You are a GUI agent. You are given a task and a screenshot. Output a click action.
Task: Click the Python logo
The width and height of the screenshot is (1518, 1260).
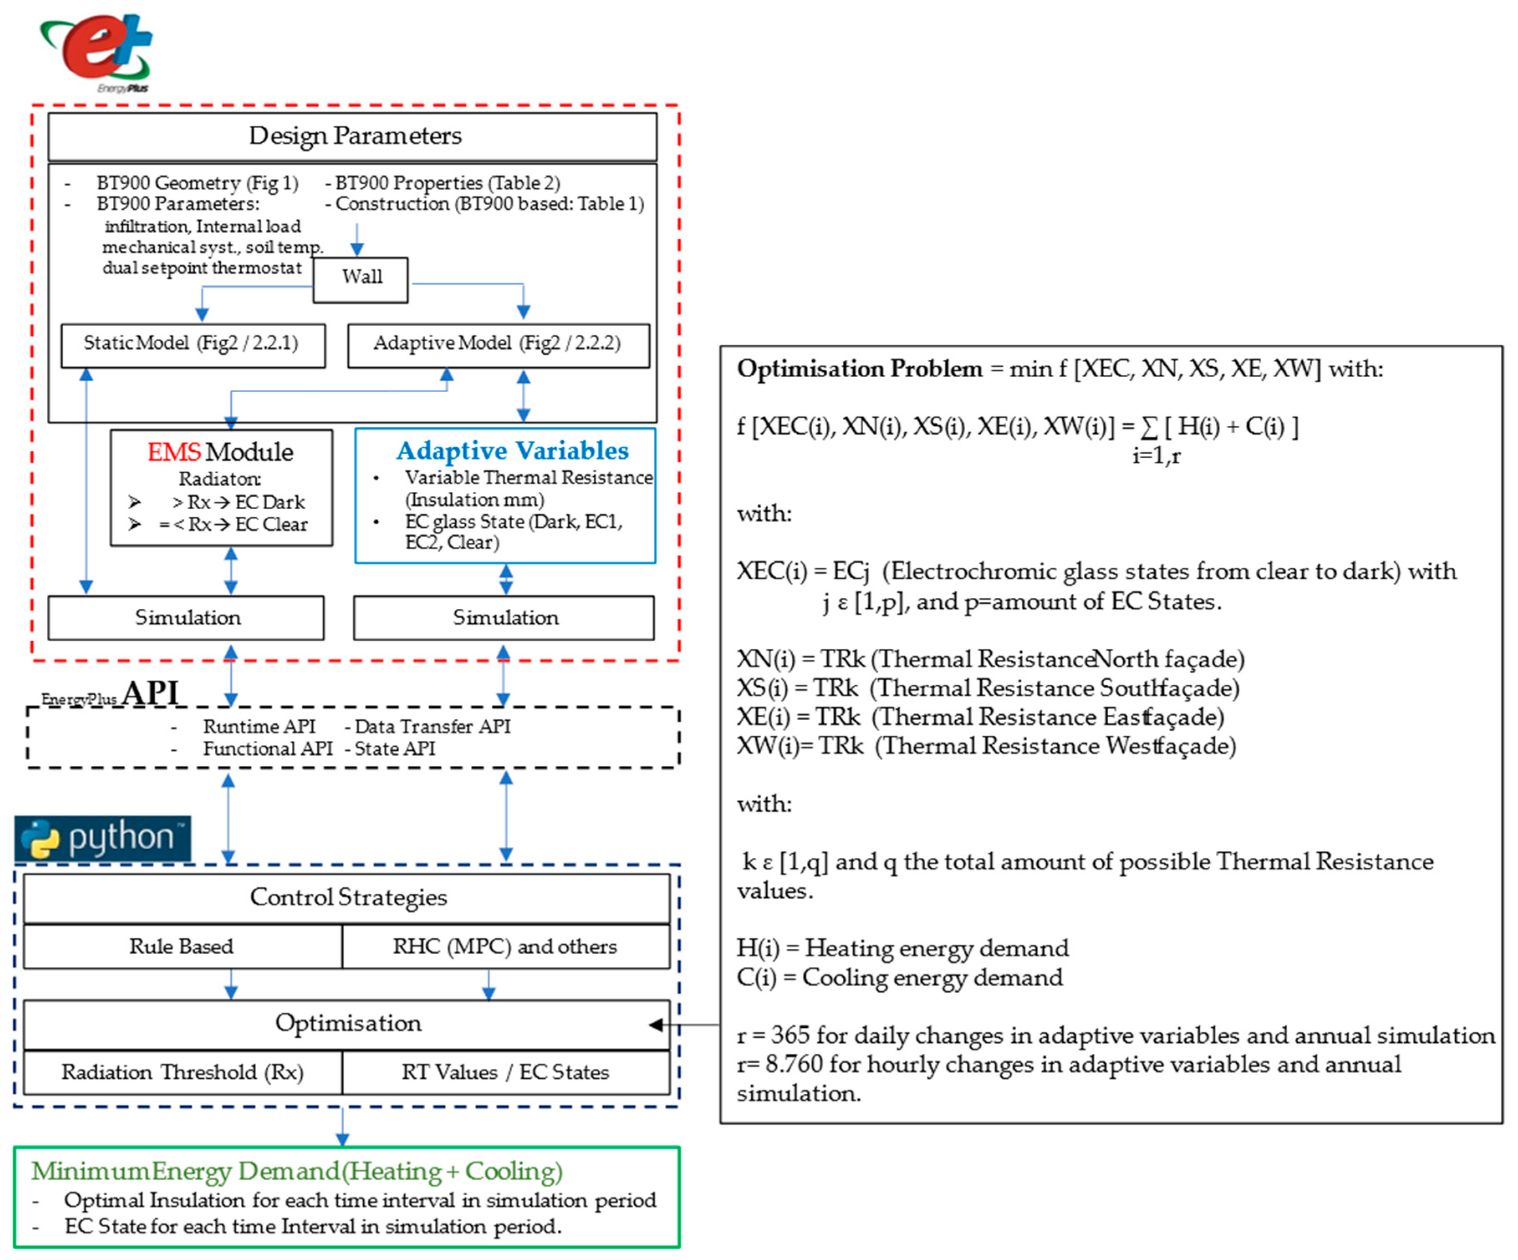click(103, 838)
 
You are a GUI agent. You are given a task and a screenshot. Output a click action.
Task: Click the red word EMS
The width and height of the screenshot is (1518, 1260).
click(173, 453)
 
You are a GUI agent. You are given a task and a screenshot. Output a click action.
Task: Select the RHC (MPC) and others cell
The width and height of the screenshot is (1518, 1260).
click(505, 947)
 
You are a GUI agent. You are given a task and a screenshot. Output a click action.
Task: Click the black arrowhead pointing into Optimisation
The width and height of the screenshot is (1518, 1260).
click(656, 1024)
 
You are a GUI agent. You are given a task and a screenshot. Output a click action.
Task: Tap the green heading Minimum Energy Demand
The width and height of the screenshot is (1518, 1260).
click(296, 1171)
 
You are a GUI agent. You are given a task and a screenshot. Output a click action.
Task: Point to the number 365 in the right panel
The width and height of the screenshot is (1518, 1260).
click(790, 1035)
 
